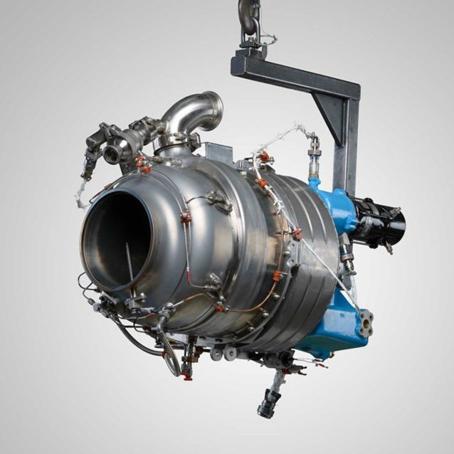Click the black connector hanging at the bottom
[268, 404]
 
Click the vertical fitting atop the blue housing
[314, 160]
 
